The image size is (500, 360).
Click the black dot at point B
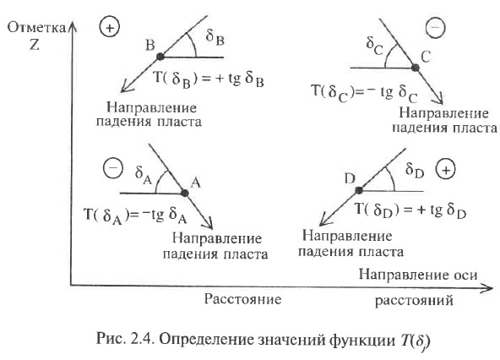pos(160,57)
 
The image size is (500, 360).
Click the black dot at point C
pos(415,68)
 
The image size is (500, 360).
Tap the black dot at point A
pos(184,193)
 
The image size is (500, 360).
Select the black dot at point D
pos(359,190)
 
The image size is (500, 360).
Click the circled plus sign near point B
pos(110,28)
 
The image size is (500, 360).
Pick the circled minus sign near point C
pos(435,27)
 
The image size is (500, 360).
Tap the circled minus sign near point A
pos(113,168)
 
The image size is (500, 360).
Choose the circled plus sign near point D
pos(446,170)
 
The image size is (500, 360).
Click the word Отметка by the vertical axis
pos(36,28)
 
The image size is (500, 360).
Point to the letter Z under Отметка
pos(34,45)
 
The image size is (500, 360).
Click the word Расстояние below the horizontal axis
pos(242,299)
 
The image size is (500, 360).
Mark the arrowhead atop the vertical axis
pos(73,27)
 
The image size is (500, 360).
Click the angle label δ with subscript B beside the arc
pos(215,37)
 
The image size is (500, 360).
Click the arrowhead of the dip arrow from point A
pos(209,224)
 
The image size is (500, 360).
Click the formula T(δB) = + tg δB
pos(209,79)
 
